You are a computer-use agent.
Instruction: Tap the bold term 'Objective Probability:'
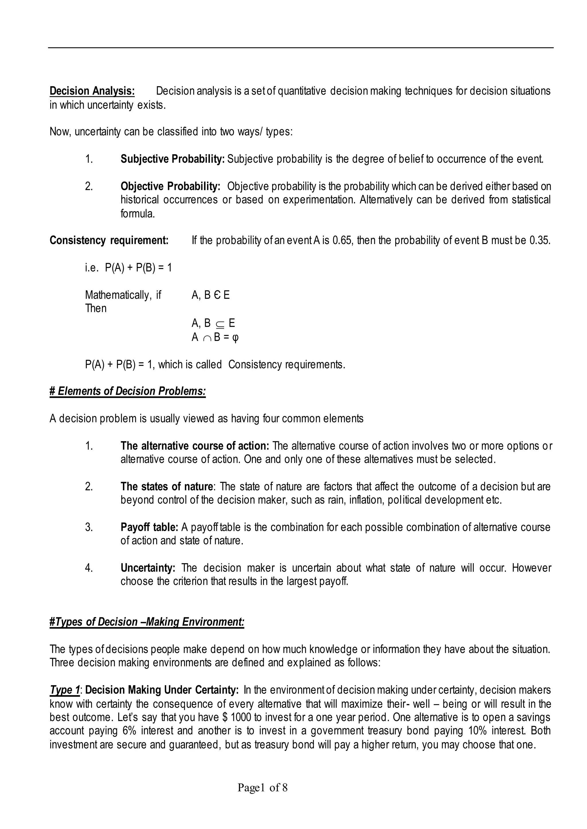[170, 186]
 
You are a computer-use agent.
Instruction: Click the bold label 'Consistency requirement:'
[109, 240]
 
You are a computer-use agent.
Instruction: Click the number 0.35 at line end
[540, 240]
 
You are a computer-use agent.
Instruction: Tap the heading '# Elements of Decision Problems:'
[128, 391]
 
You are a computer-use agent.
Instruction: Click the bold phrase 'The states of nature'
[167, 487]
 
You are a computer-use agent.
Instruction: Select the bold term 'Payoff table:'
[149, 527]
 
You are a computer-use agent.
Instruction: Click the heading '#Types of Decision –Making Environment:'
[147, 622]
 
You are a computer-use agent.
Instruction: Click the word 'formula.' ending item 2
[138, 214]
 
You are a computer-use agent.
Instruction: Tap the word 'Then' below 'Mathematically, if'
[96, 309]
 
